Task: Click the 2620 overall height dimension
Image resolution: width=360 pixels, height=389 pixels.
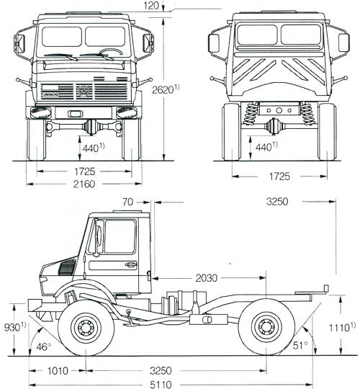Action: click(166, 89)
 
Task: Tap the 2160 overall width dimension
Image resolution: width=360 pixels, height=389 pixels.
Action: click(84, 184)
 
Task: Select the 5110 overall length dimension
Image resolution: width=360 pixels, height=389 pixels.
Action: click(161, 385)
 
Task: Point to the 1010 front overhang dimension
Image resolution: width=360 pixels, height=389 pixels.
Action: click(58, 371)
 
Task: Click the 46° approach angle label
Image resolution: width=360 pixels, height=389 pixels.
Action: click(44, 346)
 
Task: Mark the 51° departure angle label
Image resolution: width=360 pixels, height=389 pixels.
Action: click(300, 345)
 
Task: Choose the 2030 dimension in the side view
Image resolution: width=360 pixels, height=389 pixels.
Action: click(207, 278)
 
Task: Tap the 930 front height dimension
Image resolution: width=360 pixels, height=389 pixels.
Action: click(15, 327)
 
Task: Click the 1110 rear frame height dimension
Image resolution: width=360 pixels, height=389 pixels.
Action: click(342, 328)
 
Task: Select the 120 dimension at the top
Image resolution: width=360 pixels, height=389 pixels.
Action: click(151, 6)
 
